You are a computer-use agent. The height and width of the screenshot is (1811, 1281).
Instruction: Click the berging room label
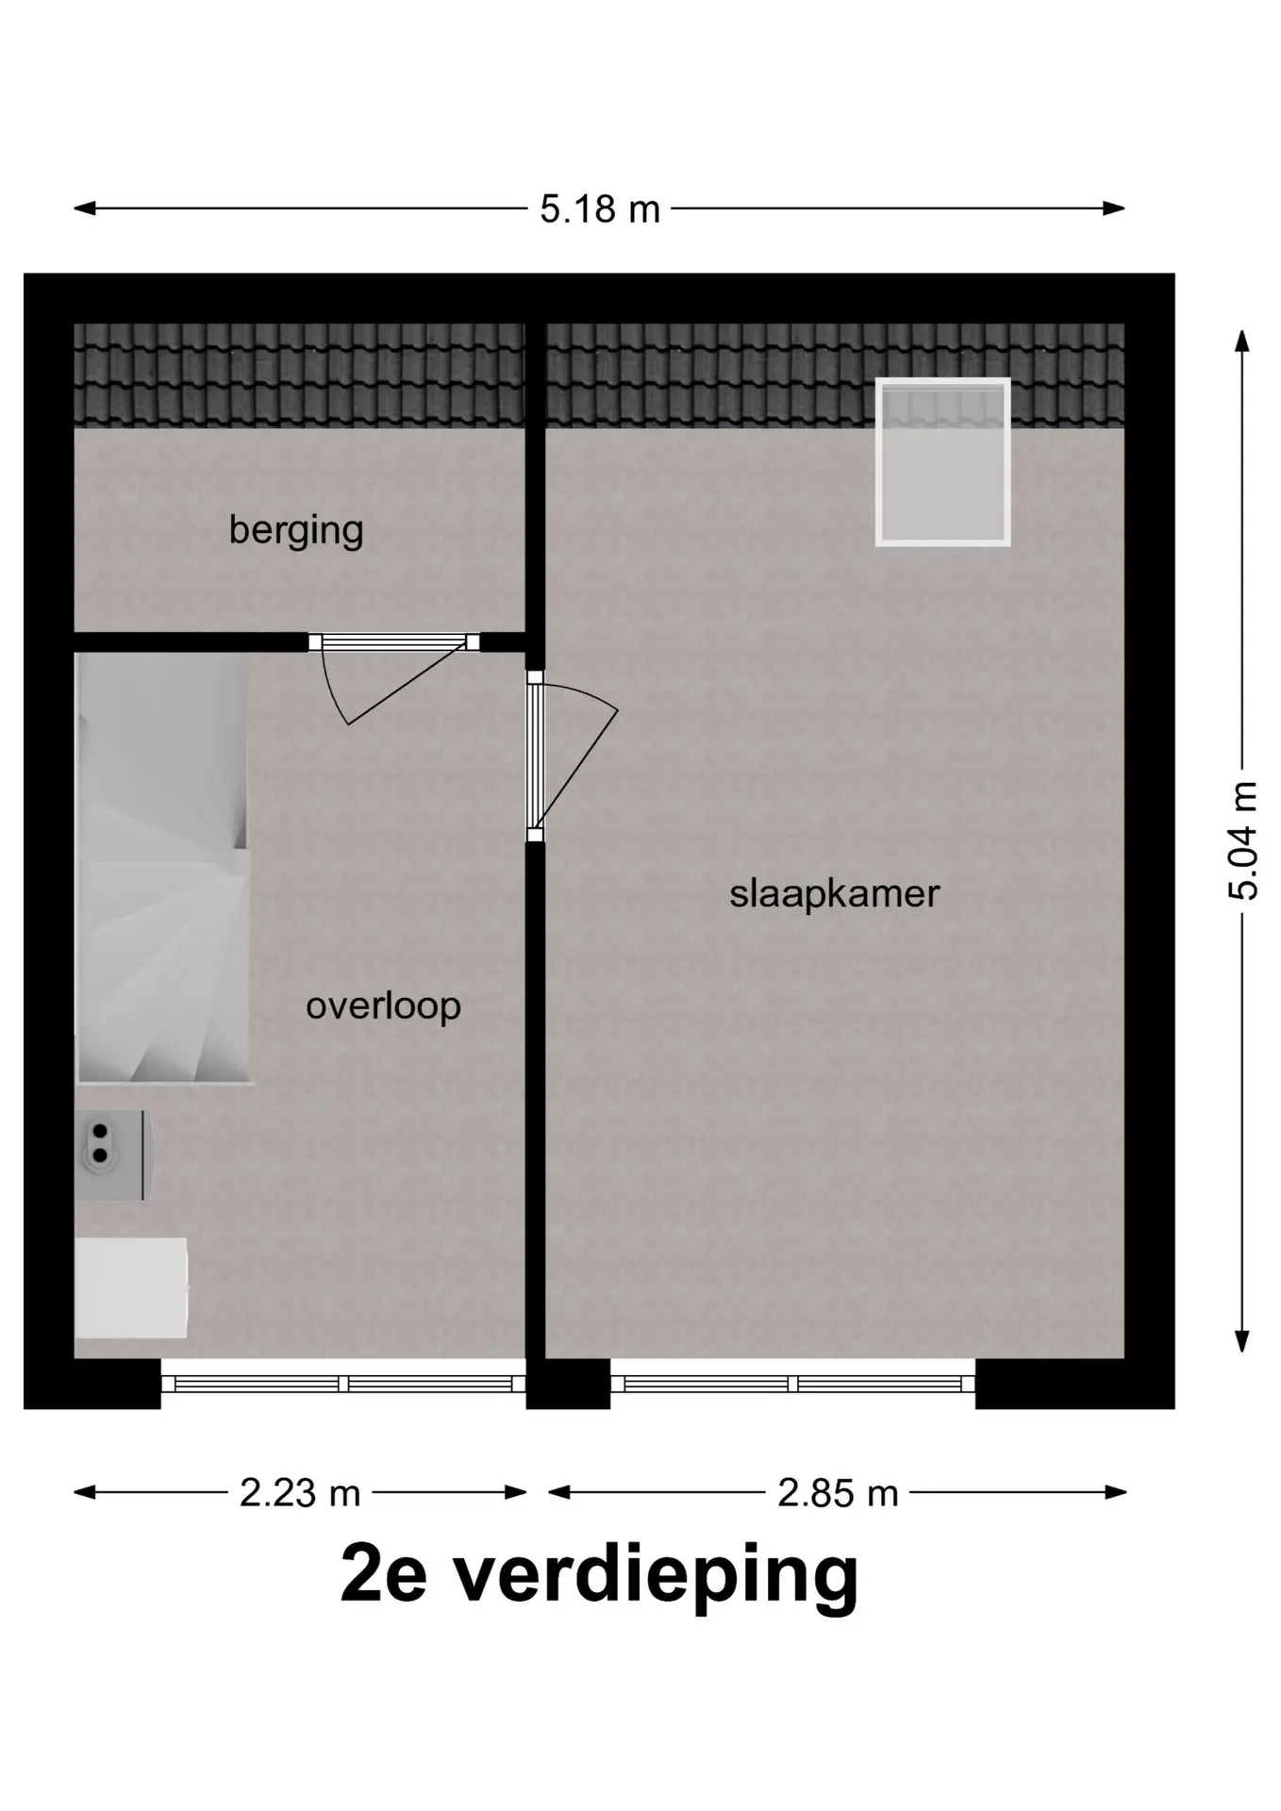tap(296, 530)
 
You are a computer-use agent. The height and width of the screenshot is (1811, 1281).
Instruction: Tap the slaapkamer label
tap(835, 893)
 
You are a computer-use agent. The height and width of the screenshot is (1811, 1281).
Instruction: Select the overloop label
tap(383, 1006)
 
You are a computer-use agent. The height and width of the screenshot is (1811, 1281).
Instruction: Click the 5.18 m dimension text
tap(600, 208)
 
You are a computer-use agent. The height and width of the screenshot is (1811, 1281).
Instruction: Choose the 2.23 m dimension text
tap(300, 1493)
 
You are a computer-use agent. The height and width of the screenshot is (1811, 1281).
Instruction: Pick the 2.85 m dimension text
tap(838, 1493)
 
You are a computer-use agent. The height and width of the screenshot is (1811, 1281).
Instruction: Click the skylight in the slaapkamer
tap(942, 462)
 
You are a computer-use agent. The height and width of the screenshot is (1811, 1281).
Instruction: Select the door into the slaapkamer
tap(566, 755)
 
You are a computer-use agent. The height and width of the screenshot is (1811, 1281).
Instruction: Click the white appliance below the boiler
tap(131, 1288)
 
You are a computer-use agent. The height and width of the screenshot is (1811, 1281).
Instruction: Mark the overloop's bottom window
tap(343, 1384)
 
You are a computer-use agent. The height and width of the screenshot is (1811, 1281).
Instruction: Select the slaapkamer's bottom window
tap(792, 1384)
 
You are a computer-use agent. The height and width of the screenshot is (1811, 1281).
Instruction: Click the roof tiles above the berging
tap(300, 375)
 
